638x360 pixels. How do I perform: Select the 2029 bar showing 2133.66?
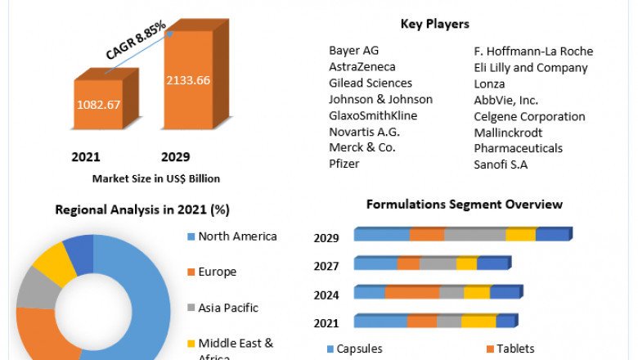187,80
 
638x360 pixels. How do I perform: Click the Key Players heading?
434,24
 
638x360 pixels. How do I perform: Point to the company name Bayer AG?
355,51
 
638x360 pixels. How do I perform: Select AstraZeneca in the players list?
362,67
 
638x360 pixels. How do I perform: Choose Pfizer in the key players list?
344,164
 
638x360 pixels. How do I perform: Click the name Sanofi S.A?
501,164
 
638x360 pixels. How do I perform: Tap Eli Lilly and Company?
531,68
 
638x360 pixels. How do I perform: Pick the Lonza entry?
489,83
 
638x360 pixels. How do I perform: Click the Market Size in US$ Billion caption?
155,178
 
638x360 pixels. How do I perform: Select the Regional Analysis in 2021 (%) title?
142,209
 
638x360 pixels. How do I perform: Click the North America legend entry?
237,236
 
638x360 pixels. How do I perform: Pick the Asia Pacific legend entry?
228,308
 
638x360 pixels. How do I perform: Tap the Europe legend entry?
217,272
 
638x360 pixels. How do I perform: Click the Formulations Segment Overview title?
464,204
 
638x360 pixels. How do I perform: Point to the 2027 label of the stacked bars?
326,266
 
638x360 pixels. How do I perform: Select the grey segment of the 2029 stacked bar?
474,235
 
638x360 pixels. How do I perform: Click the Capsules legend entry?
358,349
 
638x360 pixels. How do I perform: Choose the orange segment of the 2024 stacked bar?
411,292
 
